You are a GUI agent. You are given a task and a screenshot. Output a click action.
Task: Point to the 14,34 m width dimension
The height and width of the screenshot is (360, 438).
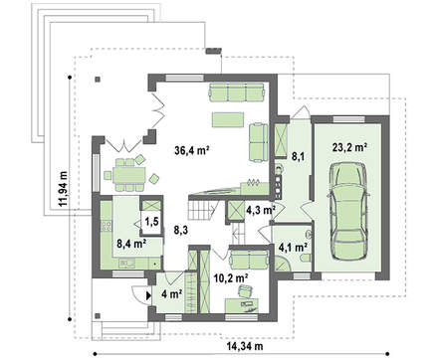pyautogui.click(x=245, y=346)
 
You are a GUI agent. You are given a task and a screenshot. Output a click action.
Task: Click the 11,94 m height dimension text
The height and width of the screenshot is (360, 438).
pyautogui.click(x=63, y=189)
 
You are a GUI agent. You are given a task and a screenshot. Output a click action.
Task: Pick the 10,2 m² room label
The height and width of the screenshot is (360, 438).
pyautogui.click(x=231, y=278)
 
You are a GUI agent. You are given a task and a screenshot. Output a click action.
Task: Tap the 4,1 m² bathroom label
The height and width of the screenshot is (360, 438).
pyautogui.click(x=293, y=247)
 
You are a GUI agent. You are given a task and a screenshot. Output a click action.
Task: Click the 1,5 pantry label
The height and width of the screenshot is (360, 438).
pyautogui.click(x=151, y=222)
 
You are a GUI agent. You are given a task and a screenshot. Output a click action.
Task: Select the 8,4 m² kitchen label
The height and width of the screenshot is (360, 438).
pyautogui.click(x=131, y=244)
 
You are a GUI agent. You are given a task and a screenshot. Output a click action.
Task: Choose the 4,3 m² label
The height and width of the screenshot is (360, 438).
pyautogui.click(x=261, y=210)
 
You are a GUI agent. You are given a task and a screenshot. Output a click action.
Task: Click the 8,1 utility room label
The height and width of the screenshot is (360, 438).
pyautogui.click(x=299, y=156)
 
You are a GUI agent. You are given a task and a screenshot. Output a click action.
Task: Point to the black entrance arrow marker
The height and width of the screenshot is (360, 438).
pyautogui.click(x=148, y=295)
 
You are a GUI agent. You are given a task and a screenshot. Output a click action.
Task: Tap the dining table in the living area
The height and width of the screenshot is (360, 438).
pyautogui.click(x=129, y=175)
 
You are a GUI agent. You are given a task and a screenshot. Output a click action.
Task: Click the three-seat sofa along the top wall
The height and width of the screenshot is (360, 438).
pyautogui.click(x=237, y=92)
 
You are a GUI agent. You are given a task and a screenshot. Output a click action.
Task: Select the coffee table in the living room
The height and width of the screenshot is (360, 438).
pyautogui.click(x=228, y=119)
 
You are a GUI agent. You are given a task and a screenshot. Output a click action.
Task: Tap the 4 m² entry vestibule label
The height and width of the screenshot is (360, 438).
pyautogui.click(x=171, y=293)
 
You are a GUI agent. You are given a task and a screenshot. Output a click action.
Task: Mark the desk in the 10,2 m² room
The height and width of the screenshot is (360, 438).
pyautogui.click(x=242, y=305)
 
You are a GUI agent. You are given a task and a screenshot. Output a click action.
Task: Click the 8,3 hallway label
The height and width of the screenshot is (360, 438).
pyautogui.click(x=181, y=230)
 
